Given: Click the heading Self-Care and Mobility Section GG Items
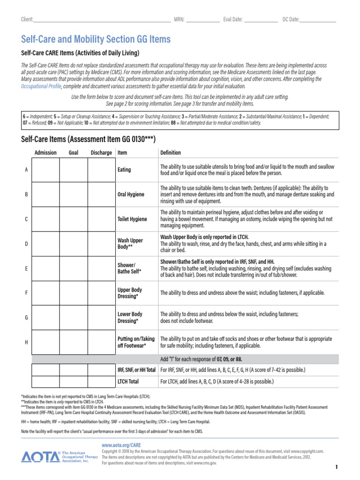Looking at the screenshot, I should [96, 39].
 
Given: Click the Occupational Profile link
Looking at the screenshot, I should [41, 86].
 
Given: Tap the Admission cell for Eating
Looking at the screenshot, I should [45, 170].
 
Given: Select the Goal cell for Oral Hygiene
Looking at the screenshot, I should [74, 194].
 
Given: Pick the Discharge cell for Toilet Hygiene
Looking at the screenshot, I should [101, 219].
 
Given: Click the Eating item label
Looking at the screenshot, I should [124, 170].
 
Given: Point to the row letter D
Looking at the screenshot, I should [26, 243].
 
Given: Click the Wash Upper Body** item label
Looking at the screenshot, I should [130, 243].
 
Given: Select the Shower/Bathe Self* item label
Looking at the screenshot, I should [127, 268].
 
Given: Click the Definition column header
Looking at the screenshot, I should [171, 152].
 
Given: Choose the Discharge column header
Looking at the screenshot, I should [101, 152].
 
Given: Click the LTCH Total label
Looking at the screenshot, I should [128, 382].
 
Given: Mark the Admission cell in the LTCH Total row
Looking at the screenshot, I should [45, 382].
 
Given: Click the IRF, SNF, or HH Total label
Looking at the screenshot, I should [136, 370].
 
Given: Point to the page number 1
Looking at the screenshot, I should [337, 467].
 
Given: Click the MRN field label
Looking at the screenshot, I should [179, 19].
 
